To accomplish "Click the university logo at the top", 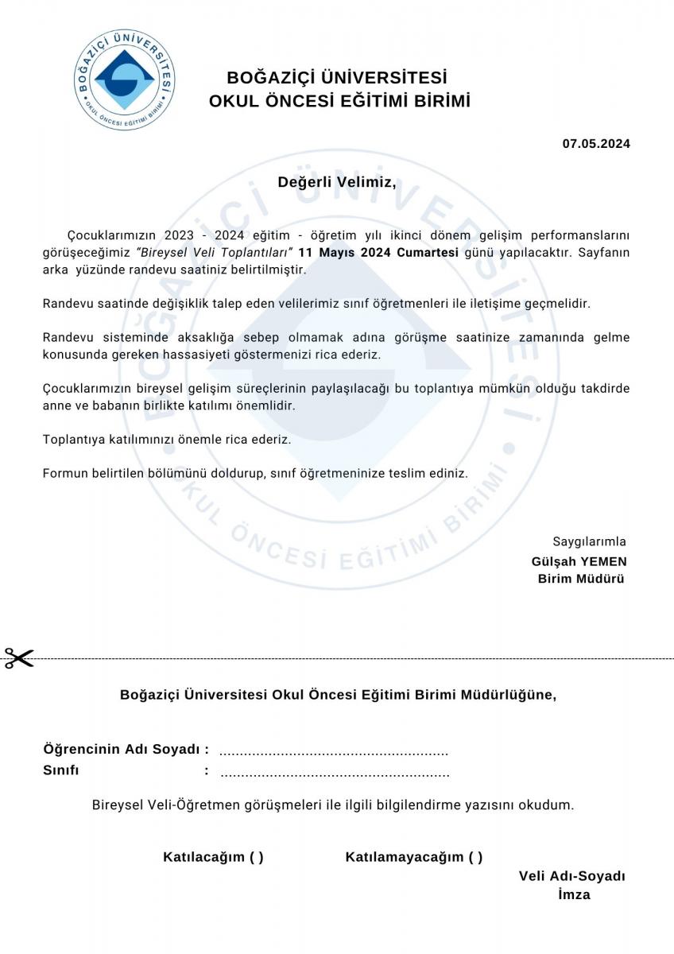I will click(125, 79).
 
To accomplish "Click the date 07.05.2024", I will click(596, 144).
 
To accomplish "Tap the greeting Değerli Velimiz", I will click(336, 182).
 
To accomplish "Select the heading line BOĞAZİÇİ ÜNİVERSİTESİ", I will click(337, 78).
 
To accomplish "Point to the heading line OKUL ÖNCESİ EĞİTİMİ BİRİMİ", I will click(339, 102).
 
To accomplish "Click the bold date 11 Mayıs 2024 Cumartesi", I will click(378, 252).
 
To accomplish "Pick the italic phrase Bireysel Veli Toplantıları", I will click(215, 252).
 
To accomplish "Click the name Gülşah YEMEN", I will click(579, 560).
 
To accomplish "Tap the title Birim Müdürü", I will click(581, 578).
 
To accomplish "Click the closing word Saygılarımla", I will click(589, 541).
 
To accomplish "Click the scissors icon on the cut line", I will click(19, 658).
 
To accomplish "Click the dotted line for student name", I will click(334, 751).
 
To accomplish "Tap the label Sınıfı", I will click(60, 770).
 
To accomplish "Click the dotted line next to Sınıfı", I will click(334, 773).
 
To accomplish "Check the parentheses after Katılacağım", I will click(256, 857).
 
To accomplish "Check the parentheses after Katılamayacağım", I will click(475, 857).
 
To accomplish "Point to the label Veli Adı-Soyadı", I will click(571, 876).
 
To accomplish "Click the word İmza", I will click(574, 894).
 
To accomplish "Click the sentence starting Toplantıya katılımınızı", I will click(167, 439).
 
